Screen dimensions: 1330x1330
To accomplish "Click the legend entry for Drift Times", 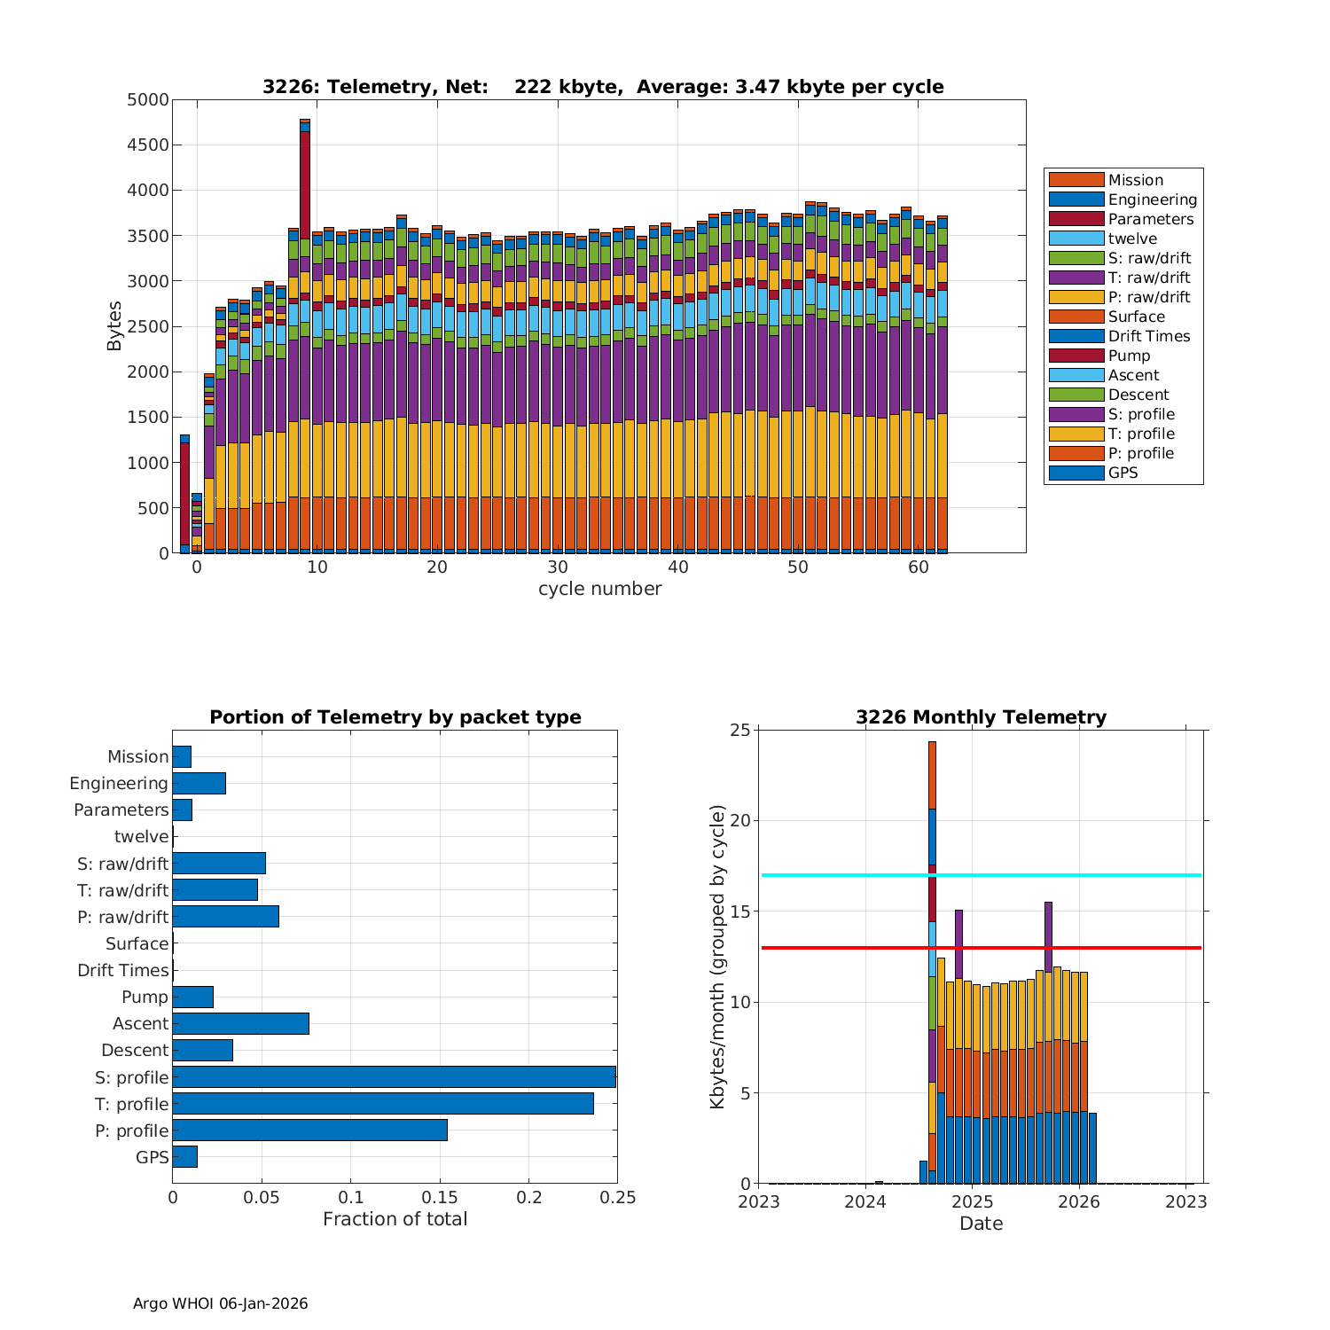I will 1148,336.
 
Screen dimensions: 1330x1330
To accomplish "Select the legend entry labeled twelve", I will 1132,239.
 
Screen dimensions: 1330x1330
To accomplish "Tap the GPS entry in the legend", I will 1123,473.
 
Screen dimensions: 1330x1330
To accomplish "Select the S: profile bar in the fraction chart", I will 394,1077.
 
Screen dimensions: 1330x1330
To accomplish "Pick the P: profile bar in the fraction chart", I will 309,1130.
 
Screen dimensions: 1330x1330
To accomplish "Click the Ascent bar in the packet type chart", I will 240,1024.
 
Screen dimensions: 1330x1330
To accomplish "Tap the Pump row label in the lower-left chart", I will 145,997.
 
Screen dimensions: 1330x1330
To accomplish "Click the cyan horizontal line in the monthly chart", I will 1064,875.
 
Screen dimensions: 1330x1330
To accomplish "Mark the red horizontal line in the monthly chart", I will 1064,948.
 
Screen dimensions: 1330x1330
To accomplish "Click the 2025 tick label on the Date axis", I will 972,1202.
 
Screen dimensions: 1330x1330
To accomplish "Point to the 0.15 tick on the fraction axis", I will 440,1198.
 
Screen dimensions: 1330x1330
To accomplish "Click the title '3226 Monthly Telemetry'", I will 981,717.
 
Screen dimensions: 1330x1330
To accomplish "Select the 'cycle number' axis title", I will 599,589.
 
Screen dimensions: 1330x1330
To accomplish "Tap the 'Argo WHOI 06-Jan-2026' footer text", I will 220,1303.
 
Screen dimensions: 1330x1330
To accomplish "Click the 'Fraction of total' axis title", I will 395,1219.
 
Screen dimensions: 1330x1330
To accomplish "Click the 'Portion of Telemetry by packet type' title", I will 395,717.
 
